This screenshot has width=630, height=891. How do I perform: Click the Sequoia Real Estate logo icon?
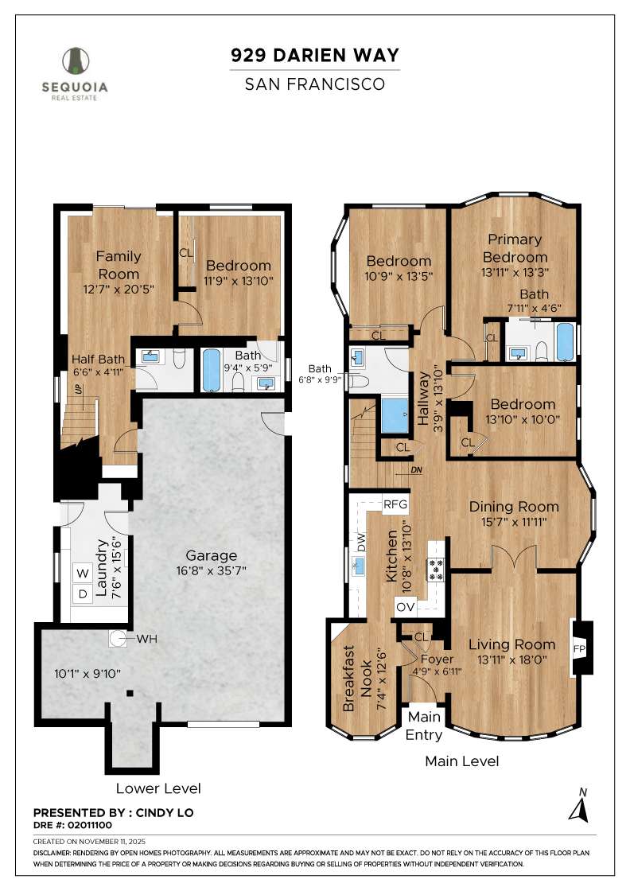coord(76,62)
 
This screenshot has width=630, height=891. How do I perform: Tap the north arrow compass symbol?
coord(579,807)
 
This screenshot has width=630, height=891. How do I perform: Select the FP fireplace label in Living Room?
coord(578,648)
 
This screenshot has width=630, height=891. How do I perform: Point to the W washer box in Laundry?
coord(82,573)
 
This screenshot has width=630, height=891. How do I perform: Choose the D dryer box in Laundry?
coord(82,593)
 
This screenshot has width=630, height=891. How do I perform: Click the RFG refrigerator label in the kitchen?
coord(395,504)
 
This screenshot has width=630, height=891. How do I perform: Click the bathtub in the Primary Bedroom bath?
coord(565,342)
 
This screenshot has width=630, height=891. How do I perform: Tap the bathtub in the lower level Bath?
coord(212,372)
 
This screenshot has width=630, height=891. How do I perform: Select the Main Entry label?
coord(423,725)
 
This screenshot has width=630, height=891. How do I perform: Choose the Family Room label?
coord(119,265)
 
